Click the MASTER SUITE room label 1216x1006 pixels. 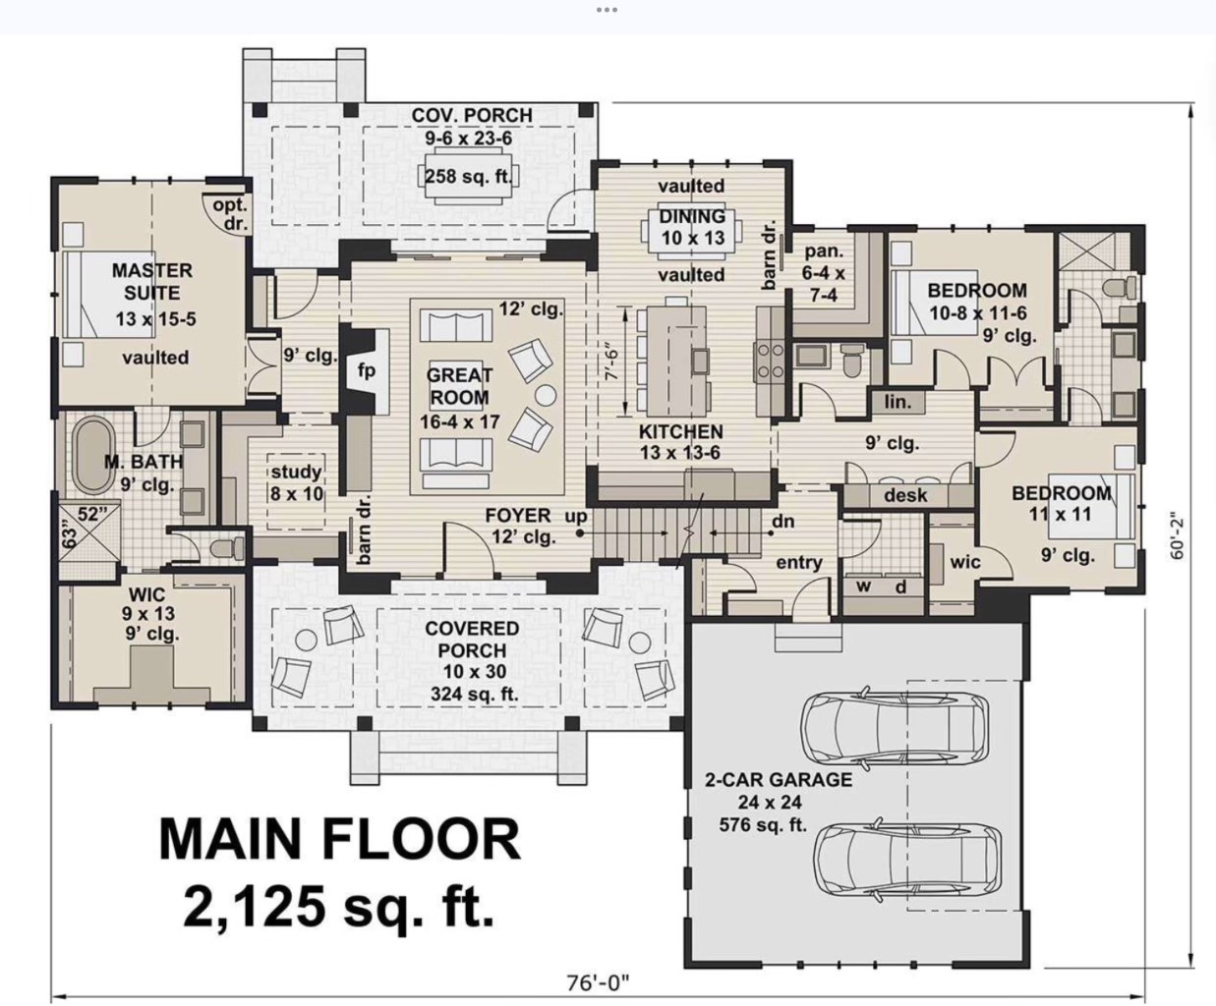[151, 281]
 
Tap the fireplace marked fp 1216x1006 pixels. [366, 371]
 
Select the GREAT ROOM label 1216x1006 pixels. [459, 386]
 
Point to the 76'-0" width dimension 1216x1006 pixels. [597, 981]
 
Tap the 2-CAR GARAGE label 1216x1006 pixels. [778, 780]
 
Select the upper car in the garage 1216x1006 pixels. [897, 731]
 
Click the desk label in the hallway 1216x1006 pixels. [904, 495]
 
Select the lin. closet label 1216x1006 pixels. [898, 402]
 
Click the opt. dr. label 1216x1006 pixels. [230, 213]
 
